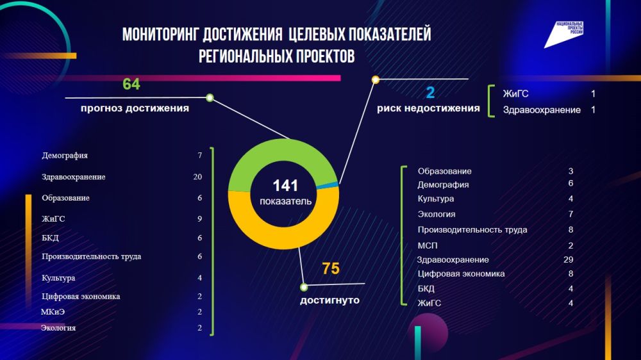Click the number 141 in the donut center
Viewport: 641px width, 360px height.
tap(285, 186)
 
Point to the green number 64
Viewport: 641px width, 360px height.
tap(131, 85)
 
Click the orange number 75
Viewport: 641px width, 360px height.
tap(331, 269)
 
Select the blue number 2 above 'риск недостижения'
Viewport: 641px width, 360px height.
tap(430, 92)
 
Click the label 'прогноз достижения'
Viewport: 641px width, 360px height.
tap(135, 108)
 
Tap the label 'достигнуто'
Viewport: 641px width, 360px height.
tap(329, 300)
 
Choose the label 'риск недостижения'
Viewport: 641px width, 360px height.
tap(428, 108)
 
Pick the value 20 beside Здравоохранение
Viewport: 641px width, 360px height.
tap(197, 177)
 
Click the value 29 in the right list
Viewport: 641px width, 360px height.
tap(568, 259)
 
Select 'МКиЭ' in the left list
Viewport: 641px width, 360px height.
tap(53, 312)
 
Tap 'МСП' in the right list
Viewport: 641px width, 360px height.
tap(428, 245)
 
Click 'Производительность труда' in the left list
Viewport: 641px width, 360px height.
tap(91, 256)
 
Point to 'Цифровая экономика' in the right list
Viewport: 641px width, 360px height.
tap(461, 274)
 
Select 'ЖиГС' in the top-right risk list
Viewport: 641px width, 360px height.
tap(515, 94)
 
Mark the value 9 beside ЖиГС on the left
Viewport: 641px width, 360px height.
tap(200, 219)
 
